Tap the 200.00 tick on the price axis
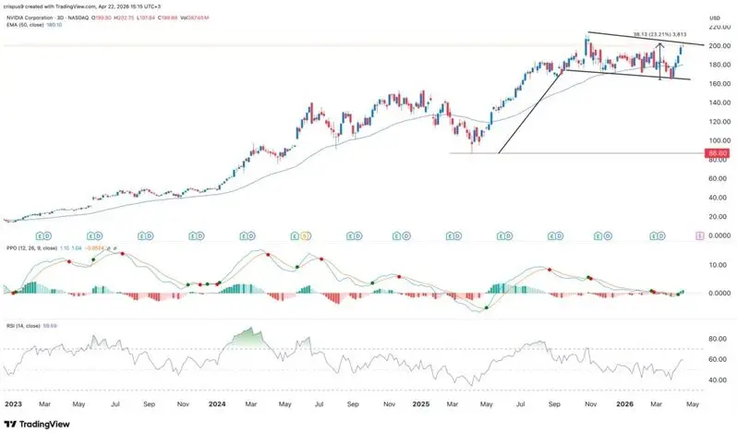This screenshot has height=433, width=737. [716, 45]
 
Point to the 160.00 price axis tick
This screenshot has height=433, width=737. [716, 83]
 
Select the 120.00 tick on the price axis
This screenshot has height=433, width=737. [716, 121]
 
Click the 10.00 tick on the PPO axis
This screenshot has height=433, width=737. [716, 265]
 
